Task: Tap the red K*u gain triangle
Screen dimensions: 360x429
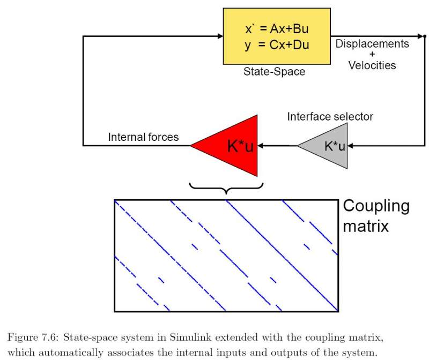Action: [x=233, y=146]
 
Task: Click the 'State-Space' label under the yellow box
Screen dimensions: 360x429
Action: [x=274, y=71]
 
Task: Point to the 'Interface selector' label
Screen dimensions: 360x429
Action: [x=330, y=117]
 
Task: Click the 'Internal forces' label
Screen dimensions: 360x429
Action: [x=143, y=137]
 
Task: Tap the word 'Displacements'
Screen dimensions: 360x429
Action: [x=372, y=44]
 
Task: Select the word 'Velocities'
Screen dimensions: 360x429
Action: [x=372, y=66]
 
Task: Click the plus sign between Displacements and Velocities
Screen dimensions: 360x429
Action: [x=372, y=55]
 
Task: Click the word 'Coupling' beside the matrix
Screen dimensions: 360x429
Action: [x=376, y=206]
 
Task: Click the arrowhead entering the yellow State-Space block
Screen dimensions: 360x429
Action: [x=220, y=36]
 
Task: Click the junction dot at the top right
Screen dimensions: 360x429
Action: [x=425, y=36]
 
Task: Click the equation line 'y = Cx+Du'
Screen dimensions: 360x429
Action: [x=277, y=45]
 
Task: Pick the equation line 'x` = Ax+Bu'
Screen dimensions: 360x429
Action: [x=277, y=27]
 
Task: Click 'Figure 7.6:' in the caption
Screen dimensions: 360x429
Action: [x=32, y=337]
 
